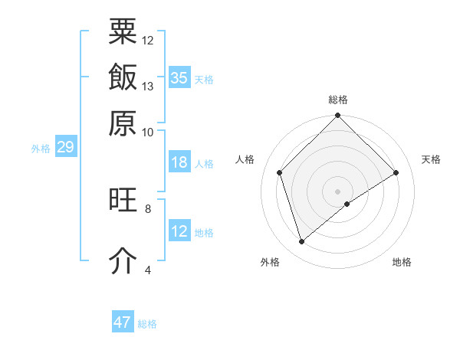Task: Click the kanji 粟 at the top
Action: click(x=123, y=32)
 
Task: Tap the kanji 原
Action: click(x=123, y=122)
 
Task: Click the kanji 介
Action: click(x=123, y=260)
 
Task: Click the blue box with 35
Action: click(x=179, y=77)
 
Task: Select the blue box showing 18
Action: click(x=179, y=162)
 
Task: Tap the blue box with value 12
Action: click(x=179, y=231)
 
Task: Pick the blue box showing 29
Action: click(x=65, y=147)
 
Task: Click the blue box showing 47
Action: click(x=123, y=322)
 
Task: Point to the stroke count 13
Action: click(x=148, y=86)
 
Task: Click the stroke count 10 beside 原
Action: click(x=148, y=131)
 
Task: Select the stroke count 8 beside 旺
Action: click(x=148, y=208)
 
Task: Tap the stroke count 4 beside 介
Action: click(x=148, y=270)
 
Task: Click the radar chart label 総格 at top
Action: click(x=338, y=100)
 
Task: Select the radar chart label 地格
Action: click(x=402, y=262)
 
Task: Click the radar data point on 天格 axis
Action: click(x=396, y=172)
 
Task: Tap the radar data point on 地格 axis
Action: click(x=347, y=204)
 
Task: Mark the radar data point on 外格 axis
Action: click(x=301, y=242)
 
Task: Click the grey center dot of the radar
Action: click(x=338, y=191)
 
